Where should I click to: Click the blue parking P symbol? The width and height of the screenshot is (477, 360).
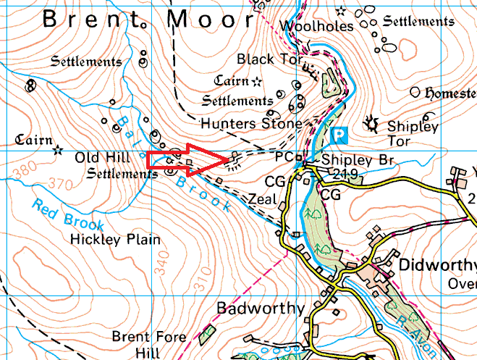point(338,134)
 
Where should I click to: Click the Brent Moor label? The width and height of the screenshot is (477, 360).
point(149,20)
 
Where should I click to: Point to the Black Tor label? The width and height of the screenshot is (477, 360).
point(269,59)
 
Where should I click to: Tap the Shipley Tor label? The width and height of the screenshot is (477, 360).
point(413,133)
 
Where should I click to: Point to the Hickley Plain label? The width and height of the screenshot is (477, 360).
point(116,238)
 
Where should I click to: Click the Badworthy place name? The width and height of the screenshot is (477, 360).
point(261,309)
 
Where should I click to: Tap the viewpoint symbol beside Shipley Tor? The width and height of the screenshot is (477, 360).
point(374,123)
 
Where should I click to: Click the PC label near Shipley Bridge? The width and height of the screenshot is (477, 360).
point(284,156)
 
